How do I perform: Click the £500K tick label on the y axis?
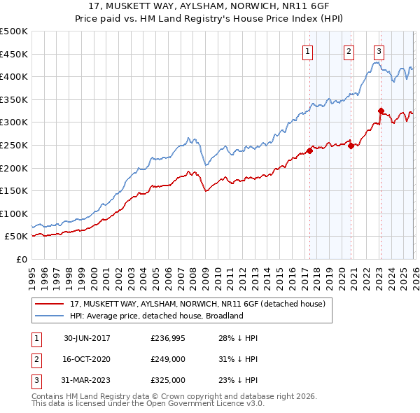pyautogui.click(x=14, y=31)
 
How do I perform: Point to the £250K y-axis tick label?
pyautogui.click(x=14, y=145)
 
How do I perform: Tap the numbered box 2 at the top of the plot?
pyautogui.click(x=349, y=50)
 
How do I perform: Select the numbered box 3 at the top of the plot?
pyautogui.click(x=379, y=50)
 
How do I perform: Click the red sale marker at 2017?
pyautogui.click(x=309, y=150)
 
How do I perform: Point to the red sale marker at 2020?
pyautogui.click(x=351, y=146)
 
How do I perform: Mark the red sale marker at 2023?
pyautogui.click(x=381, y=111)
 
